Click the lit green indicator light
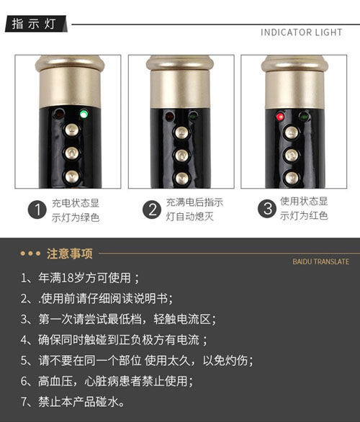click(x=84, y=114)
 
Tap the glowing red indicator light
click(x=280, y=117)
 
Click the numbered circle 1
click(x=37, y=210)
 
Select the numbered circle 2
click(x=152, y=210)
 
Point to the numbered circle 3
click(x=267, y=209)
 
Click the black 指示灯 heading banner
click(x=36, y=24)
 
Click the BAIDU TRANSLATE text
click(x=320, y=261)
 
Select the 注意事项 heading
click(x=70, y=253)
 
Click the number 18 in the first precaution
click(x=67, y=278)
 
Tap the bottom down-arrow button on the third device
click(x=292, y=178)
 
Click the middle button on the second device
click(x=182, y=156)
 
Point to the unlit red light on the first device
click(x=58, y=114)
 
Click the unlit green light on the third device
click(x=304, y=117)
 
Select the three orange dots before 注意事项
click(x=30, y=253)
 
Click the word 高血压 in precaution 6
click(x=55, y=381)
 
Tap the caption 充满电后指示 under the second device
click(x=194, y=202)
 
